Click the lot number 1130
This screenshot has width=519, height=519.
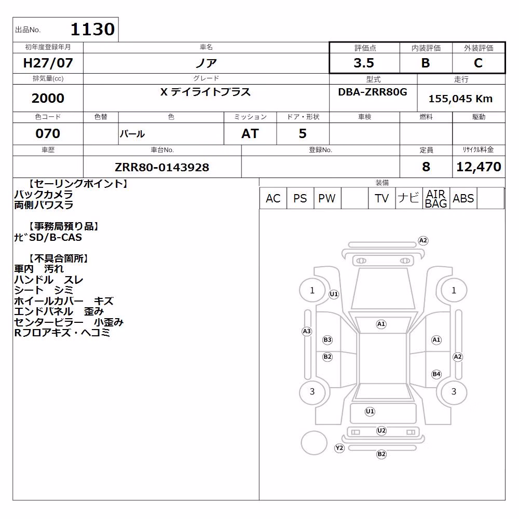(x=93, y=29)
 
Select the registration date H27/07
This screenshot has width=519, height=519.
(x=48, y=63)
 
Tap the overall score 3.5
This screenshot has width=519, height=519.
(x=364, y=63)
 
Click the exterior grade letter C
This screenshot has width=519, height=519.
(x=478, y=63)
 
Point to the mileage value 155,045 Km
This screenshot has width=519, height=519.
(x=460, y=99)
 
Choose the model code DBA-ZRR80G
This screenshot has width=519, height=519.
(x=372, y=92)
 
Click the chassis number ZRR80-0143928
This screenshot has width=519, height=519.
(x=162, y=167)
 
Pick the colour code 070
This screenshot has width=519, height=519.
(x=48, y=133)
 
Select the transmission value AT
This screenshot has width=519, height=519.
(x=250, y=133)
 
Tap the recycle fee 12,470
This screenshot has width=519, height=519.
(x=479, y=167)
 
